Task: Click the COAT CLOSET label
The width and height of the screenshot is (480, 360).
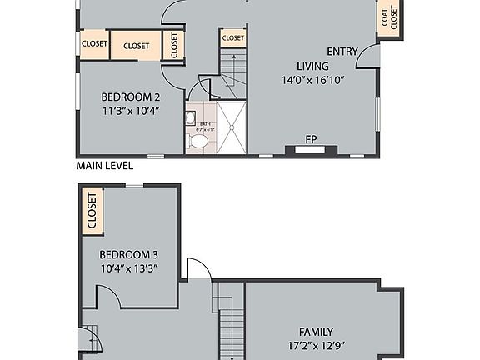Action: tap(389, 18)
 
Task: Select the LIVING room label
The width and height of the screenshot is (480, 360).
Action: tap(312, 67)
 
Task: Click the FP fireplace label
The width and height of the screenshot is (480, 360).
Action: tap(311, 139)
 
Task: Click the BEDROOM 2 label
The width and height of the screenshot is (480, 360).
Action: tap(130, 96)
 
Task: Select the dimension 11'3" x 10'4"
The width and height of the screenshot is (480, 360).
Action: tap(130, 110)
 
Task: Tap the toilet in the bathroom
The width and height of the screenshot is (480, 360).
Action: tap(198, 142)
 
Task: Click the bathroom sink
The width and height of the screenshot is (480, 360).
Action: tap(191, 117)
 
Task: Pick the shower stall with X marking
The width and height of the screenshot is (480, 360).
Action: tap(232, 128)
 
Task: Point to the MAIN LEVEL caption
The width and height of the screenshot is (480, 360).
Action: tap(104, 166)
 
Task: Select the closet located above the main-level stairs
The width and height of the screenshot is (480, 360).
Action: tap(233, 37)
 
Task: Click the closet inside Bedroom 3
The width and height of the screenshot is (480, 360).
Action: tap(91, 212)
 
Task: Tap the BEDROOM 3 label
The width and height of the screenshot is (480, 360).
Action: tap(128, 254)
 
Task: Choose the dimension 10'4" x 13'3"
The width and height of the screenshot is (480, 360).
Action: tap(128, 268)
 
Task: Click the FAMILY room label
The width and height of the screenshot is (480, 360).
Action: tap(316, 331)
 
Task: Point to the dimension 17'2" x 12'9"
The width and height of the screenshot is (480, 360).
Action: tap(316, 345)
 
